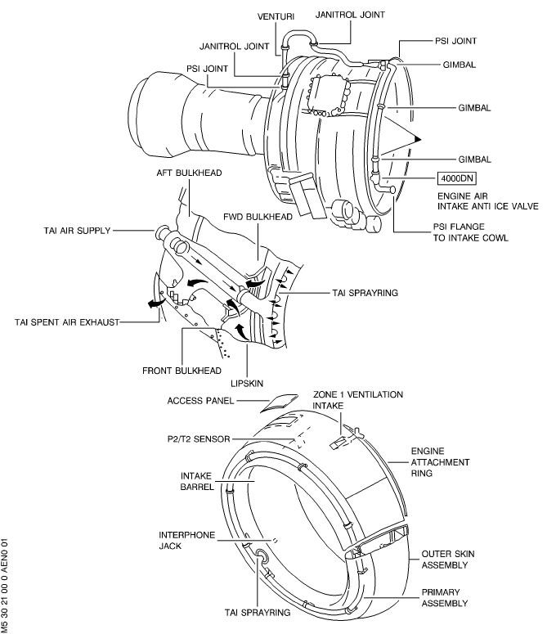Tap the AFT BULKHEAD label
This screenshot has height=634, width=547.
pyautogui.click(x=191, y=174)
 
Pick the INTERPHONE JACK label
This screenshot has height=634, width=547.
pyautogui.click(x=187, y=539)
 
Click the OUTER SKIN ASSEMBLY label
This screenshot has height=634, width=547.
pyautogui.click(x=445, y=559)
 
